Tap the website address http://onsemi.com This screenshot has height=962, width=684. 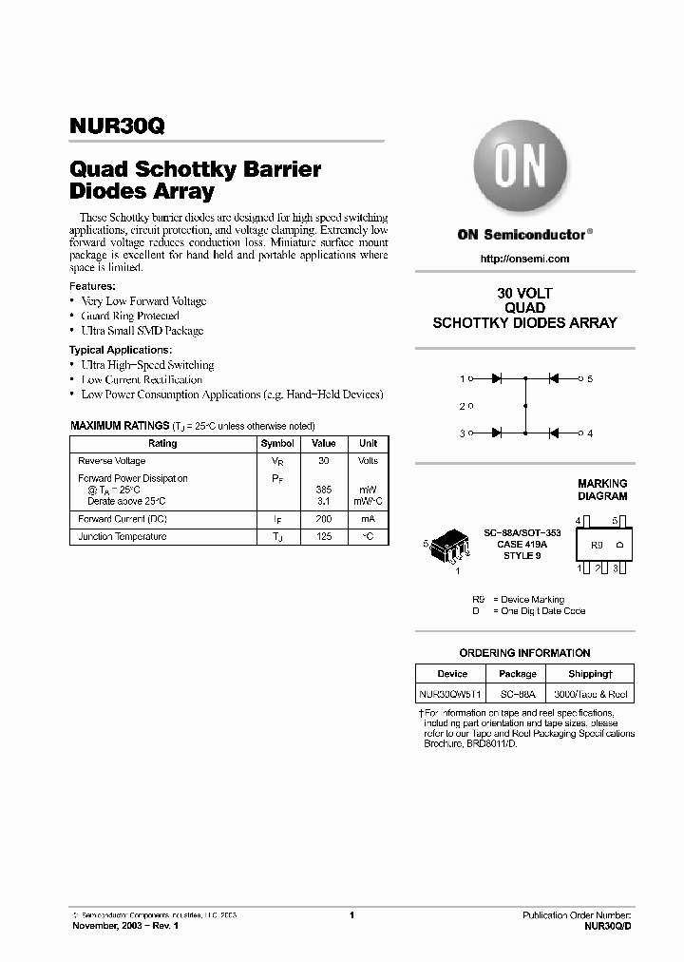tap(524, 259)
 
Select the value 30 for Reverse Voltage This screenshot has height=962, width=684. tap(323, 460)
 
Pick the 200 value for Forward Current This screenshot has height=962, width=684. tap(323, 519)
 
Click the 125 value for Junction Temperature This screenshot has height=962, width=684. tap(323, 537)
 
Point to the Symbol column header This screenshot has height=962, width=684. tap(277, 443)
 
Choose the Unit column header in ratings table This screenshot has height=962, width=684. tap(368, 443)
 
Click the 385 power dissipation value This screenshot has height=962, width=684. tap(323, 490)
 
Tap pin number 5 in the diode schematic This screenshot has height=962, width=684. tap(590, 379)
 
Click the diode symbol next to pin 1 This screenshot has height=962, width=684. tap(496, 379)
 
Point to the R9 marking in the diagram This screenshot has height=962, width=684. tap(597, 546)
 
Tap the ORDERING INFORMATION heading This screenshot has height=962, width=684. tap(524, 653)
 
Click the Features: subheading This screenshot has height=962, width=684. tap(93, 286)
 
